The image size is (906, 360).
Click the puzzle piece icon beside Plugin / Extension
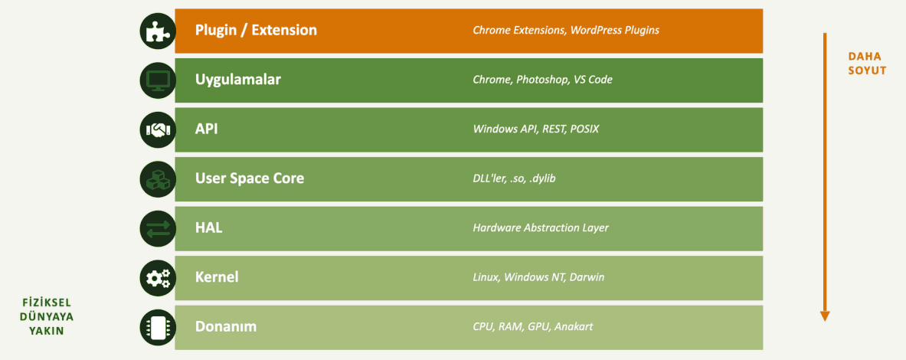(158, 31)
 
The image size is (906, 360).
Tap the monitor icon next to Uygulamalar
(158, 80)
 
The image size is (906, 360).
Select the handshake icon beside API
(158, 129)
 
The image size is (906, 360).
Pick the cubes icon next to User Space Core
(158, 179)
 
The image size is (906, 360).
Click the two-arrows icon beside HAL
(158, 228)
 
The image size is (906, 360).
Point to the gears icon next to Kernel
(158, 278)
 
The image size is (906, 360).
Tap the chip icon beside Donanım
(158, 327)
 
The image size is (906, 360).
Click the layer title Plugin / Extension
(256, 30)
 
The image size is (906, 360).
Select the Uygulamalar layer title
(238, 80)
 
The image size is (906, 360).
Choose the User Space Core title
(250, 178)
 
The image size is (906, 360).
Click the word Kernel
(217, 277)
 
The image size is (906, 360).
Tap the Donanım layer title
(226, 327)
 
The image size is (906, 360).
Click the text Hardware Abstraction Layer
(541, 228)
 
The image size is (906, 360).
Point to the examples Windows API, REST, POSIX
(535, 129)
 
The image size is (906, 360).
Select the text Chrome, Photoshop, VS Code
(542, 80)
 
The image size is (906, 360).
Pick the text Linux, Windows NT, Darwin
(538, 277)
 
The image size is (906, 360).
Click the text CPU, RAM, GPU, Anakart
(533, 327)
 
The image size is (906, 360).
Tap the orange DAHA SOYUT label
(867, 64)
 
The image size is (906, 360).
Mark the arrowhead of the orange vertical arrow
(825, 316)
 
